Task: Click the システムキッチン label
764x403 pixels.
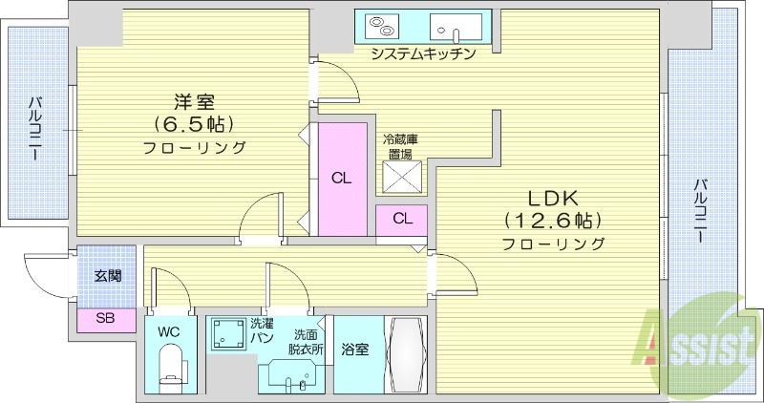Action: coord(423,53)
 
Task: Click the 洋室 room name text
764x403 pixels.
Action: coord(193,101)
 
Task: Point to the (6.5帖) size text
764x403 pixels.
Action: coord(193,124)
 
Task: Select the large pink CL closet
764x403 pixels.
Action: coord(341,178)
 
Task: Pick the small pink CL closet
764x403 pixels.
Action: coord(402,219)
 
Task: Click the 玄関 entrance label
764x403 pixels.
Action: coord(107,277)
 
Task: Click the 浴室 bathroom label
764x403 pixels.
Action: coord(355,350)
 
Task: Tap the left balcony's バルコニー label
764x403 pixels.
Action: coord(34,128)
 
